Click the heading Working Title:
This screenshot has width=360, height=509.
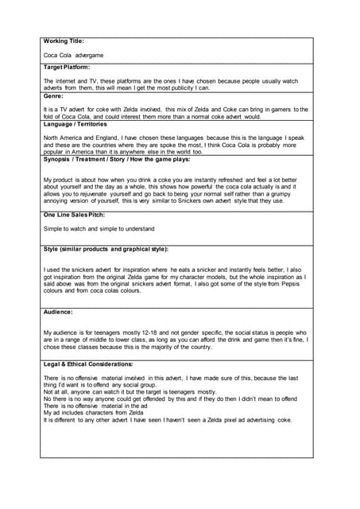[64, 41]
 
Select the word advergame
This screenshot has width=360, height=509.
[89, 56]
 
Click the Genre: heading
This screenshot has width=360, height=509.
[54, 95]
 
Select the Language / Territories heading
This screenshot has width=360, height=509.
[80, 123]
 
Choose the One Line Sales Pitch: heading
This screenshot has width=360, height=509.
[78, 215]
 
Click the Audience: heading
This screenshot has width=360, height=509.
[59, 312]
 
